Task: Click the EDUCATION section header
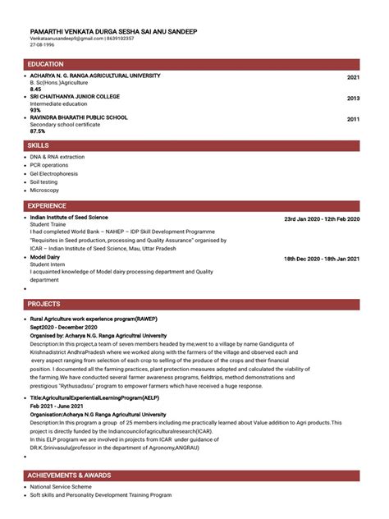coord(46,63)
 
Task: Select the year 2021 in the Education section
coord(353,77)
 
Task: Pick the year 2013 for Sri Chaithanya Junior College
coord(353,99)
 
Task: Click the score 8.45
coord(35,89)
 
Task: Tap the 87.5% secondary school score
coord(38,131)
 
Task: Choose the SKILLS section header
coord(38,145)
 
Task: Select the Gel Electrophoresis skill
coord(54,173)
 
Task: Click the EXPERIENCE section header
coord(48,205)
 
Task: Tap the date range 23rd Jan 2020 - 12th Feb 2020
coord(322,219)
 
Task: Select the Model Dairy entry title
coord(45,257)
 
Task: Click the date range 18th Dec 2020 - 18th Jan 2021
coord(322,259)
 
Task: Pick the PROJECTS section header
coord(44,304)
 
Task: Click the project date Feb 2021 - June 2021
coord(57,406)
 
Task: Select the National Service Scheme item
coord(61,487)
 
